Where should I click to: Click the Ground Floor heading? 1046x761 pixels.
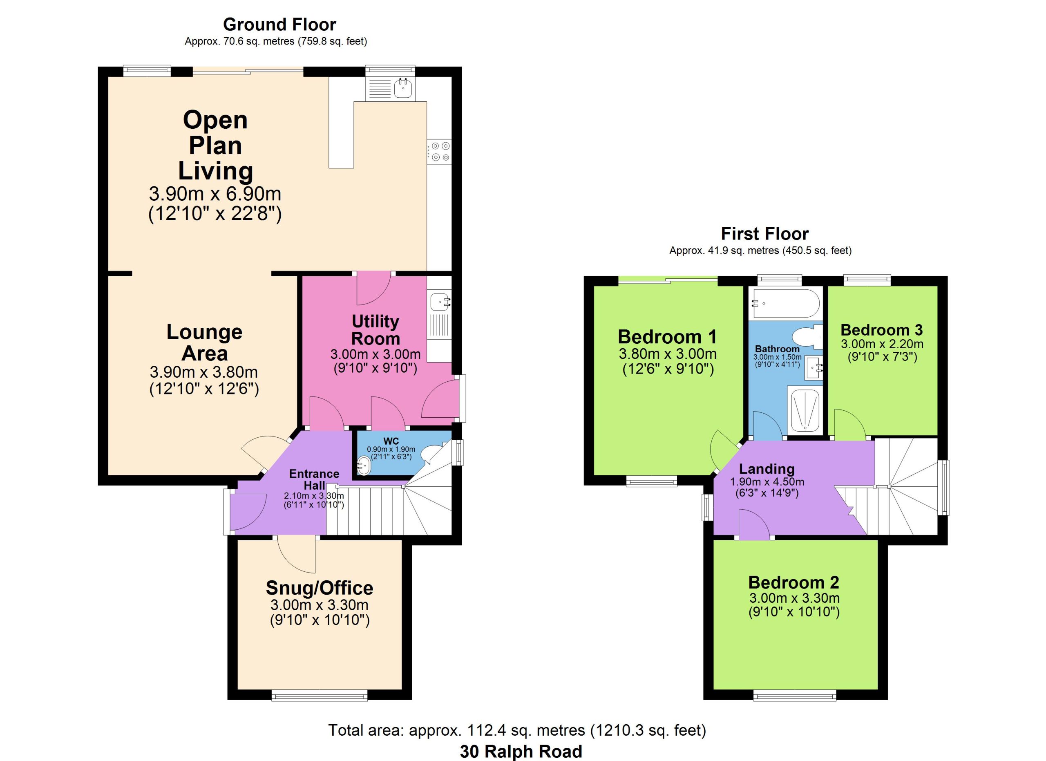(x=279, y=24)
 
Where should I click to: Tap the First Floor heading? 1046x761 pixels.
(x=764, y=234)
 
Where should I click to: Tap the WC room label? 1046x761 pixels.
(x=391, y=442)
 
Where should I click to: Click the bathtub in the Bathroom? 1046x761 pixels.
(x=785, y=304)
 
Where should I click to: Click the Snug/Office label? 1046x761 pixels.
(x=320, y=588)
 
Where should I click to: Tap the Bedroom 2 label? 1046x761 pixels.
(x=793, y=582)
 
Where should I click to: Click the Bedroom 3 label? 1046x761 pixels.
(x=881, y=330)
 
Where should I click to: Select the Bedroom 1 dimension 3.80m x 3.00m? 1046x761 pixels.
(x=667, y=354)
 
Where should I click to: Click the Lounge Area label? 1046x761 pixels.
(x=204, y=342)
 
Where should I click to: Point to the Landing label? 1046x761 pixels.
(x=767, y=469)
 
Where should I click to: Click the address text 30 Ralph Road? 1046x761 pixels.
(x=521, y=751)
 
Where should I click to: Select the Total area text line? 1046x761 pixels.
(x=517, y=730)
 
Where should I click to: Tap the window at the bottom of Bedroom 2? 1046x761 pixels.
(x=794, y=695)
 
